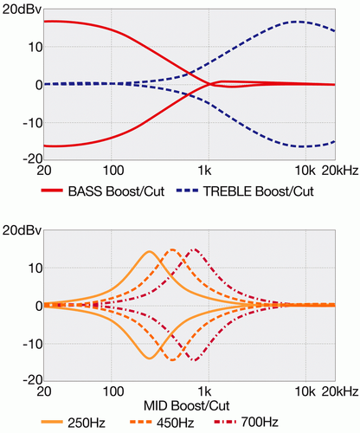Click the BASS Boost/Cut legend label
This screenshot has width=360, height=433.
(116, 191)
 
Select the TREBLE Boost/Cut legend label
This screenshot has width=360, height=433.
(259, 191)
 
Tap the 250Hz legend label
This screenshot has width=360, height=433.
(87, 423)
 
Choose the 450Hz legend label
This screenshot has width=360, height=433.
(176, 423)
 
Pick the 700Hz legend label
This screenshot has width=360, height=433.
(260, 422)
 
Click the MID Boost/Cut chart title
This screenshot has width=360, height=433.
(187, 406)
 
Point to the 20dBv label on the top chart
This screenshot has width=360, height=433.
(22, 10)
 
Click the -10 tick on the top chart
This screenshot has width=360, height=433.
(32, 123)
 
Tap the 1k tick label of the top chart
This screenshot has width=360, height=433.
(204, 171)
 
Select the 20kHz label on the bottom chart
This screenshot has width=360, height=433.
(340, 391)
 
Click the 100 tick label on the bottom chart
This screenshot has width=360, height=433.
(113, 391)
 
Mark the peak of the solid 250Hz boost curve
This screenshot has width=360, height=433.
(149, 251)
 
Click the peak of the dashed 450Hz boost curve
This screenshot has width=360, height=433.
(172, 249)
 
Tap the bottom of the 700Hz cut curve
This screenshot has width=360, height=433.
(196, 360)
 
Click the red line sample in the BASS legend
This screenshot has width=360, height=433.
(52, 191)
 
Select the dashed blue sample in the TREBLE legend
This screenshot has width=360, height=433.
(187, 191)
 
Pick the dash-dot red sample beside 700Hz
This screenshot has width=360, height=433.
(225, 422)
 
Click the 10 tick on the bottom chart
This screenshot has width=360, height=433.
(35, 268)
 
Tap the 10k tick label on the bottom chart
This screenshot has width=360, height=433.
(305, 391)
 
